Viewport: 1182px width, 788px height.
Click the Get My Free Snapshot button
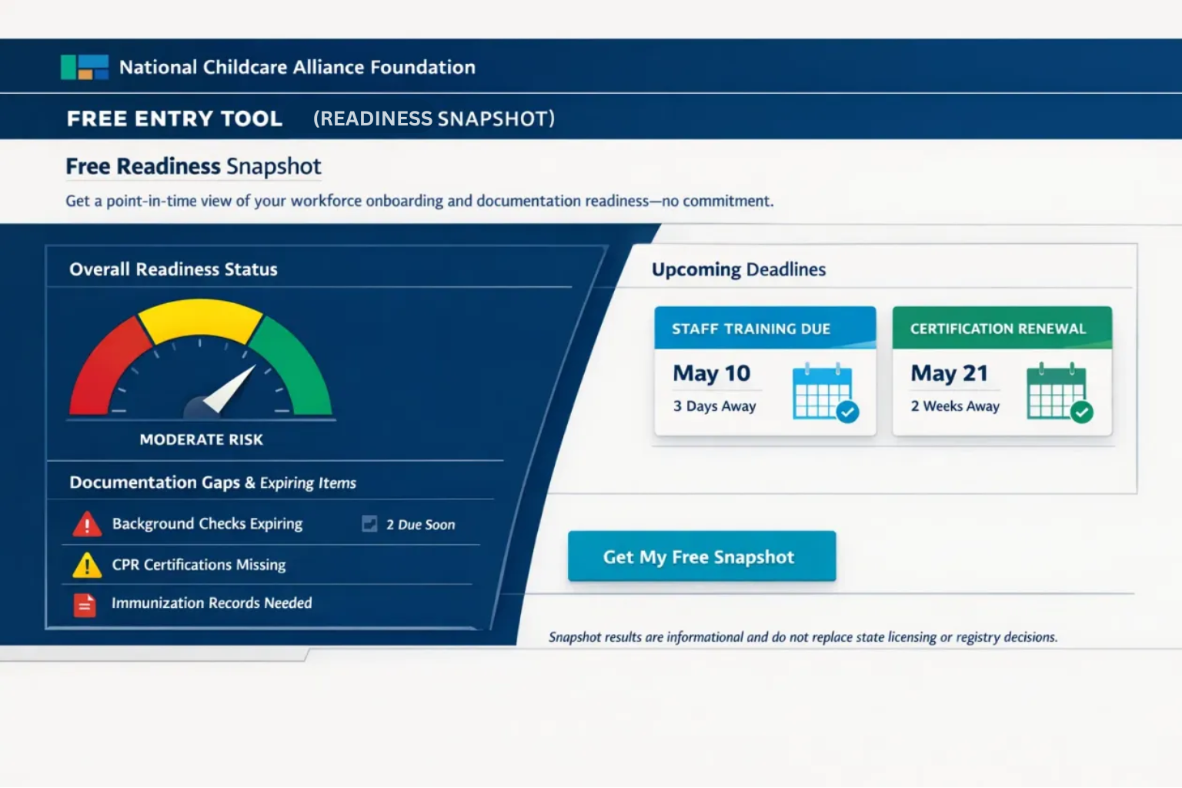tap(702, 556)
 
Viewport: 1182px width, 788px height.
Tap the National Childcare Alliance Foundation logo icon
tap(85, 67)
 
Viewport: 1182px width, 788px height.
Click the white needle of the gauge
tap(229, 389)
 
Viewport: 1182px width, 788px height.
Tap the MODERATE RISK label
tap(201, 439)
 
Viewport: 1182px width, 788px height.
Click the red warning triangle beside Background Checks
tap(87, 524)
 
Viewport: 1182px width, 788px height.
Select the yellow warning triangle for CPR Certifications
tap(87, 566)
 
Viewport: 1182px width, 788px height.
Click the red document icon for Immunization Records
tap(85, 605)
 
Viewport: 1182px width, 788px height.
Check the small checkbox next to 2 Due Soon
tap(369, 523)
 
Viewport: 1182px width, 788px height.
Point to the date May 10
tap(711, 374)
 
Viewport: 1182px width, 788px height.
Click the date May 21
tap(950, 374)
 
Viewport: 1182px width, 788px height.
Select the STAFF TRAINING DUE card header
tap(765, 328)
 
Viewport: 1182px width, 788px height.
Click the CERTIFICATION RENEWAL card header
tap(1002, 328)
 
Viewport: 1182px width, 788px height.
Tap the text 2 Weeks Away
tap(955, 406)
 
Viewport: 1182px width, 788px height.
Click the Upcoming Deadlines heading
tap(739, 269)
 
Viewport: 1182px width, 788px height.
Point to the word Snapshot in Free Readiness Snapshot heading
tap(274, 167)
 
